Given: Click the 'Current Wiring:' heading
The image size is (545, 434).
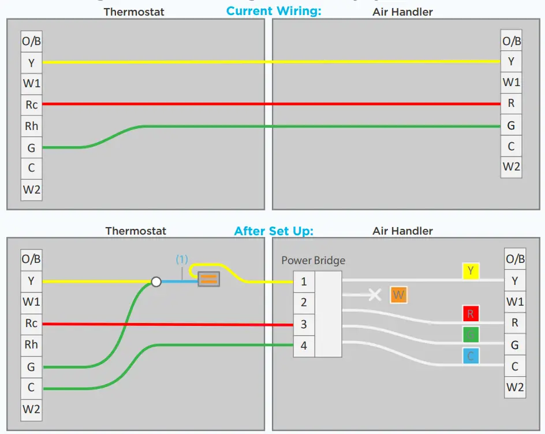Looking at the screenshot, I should (x=274, y=11).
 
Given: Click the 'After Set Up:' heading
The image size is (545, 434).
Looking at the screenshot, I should (x=274, y=231).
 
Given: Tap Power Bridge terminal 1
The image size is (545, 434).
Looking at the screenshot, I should (x=304, y=282).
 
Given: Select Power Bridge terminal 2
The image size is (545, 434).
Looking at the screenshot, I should (x=304, y=303).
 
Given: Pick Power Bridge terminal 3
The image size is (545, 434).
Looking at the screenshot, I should (x=304, y=325).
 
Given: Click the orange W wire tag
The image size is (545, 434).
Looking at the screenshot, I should (x=398, y=295).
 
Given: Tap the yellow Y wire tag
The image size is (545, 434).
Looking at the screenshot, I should (x=471, y=271).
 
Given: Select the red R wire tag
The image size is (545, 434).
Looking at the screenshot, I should (x=471, y=314).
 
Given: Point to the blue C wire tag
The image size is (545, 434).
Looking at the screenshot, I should (x=471, y=356).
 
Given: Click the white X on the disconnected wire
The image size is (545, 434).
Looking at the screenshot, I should (x=375, y=295).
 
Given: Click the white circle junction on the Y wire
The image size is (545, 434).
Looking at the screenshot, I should (x=155, y=282).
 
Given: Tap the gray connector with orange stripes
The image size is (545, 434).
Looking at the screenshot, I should (x=208, y=280).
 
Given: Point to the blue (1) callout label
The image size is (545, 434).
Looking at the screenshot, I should (x=182, y=259).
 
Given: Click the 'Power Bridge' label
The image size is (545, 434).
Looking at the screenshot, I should (x=313, y=261).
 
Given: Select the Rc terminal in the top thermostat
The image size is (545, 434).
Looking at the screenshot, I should (x=31, y=105).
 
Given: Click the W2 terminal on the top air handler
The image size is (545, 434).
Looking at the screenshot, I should (x=511, y=167).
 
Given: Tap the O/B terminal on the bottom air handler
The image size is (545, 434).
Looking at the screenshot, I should (x=514, y=259).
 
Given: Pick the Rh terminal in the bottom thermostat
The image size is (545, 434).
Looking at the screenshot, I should (x=31, y=344).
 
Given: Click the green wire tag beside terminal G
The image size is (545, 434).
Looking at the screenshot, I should (x=471, y=335).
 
